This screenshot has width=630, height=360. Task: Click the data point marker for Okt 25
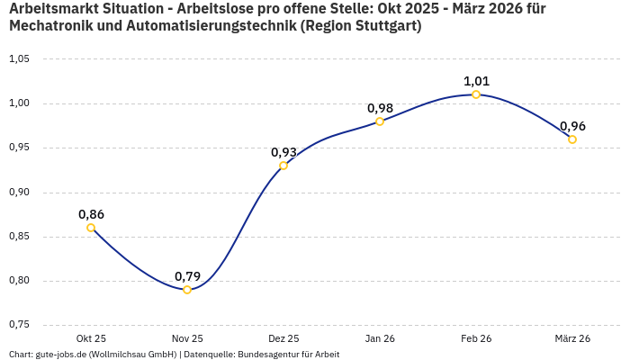tap(91, 228)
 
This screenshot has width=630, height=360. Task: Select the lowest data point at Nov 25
tap(187, 290)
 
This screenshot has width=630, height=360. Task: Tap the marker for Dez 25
tap(283, 166)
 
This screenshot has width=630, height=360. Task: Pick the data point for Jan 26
tap(380, 121)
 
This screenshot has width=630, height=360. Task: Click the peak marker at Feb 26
tap(476, 94)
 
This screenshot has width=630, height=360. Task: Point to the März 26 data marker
tap(572, 139)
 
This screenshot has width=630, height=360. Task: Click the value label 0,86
tap(91, 214)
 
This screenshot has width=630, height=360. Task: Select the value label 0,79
tap(187, 275)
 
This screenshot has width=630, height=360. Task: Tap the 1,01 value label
tap(476, 81)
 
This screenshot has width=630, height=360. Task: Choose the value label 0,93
tap(283, 152)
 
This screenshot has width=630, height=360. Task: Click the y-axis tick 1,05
tap(19, 59)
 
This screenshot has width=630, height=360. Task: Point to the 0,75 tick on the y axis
tap(19, 325)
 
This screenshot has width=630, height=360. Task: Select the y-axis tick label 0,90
tap(19, 192)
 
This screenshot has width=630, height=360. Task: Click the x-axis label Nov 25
tap(187, 338)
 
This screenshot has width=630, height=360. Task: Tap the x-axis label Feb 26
tap(476, 338)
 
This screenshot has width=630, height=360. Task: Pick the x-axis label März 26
tap(572, 338)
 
